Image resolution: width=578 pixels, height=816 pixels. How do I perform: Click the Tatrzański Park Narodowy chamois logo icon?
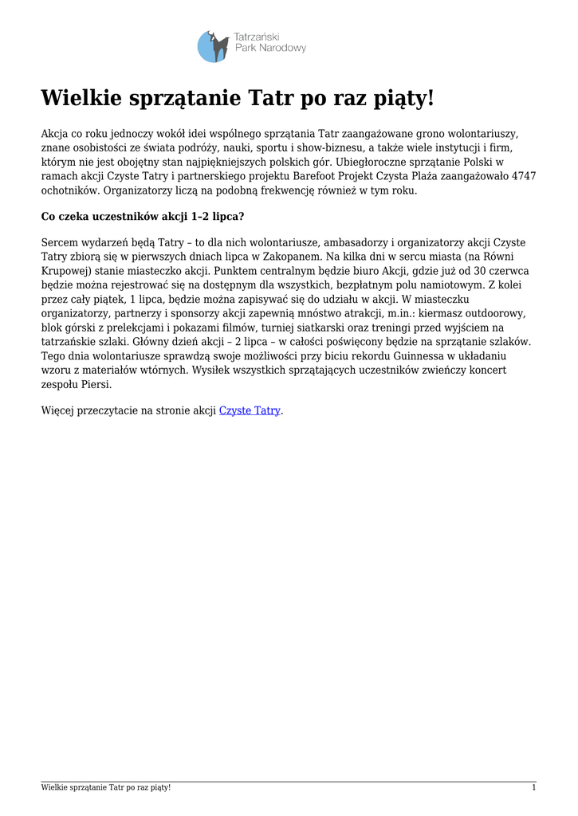213,46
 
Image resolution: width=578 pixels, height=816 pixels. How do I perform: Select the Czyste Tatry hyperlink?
250,410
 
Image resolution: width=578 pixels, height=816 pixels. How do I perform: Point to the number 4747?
523,176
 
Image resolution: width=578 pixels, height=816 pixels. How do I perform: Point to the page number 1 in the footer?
533,788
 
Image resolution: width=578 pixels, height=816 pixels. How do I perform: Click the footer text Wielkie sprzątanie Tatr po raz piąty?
106,788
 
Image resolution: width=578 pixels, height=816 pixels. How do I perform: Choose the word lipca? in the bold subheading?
226,216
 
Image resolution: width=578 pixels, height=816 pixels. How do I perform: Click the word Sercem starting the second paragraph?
61,241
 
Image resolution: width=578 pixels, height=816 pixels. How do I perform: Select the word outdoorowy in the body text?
494,313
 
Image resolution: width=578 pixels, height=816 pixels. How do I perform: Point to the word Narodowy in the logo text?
283,49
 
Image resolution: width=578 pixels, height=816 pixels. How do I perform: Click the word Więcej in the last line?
61,410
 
